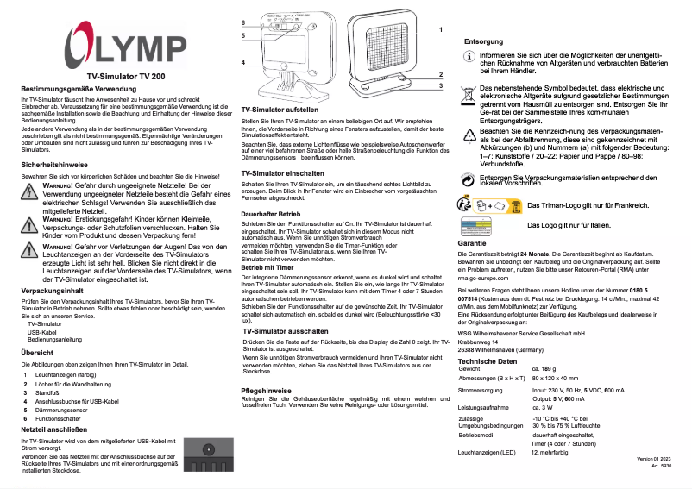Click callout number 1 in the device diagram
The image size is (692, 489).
(x=441, y=29)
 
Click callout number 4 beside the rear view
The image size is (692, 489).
(x=243, y=62)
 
